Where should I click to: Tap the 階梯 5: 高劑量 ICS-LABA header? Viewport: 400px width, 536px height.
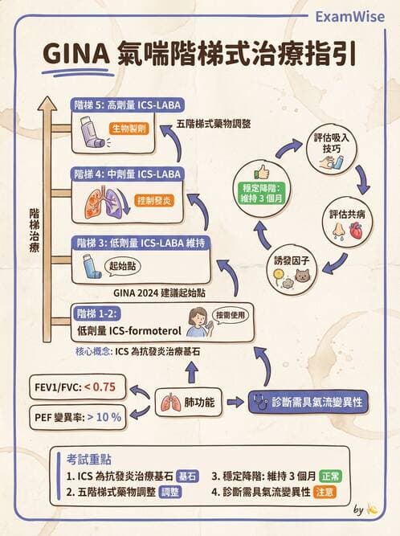(x=127, y=104)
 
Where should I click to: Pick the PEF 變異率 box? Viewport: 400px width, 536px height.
(x=77, y=416)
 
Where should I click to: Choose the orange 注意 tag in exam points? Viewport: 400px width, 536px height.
(x=324, y=491)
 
